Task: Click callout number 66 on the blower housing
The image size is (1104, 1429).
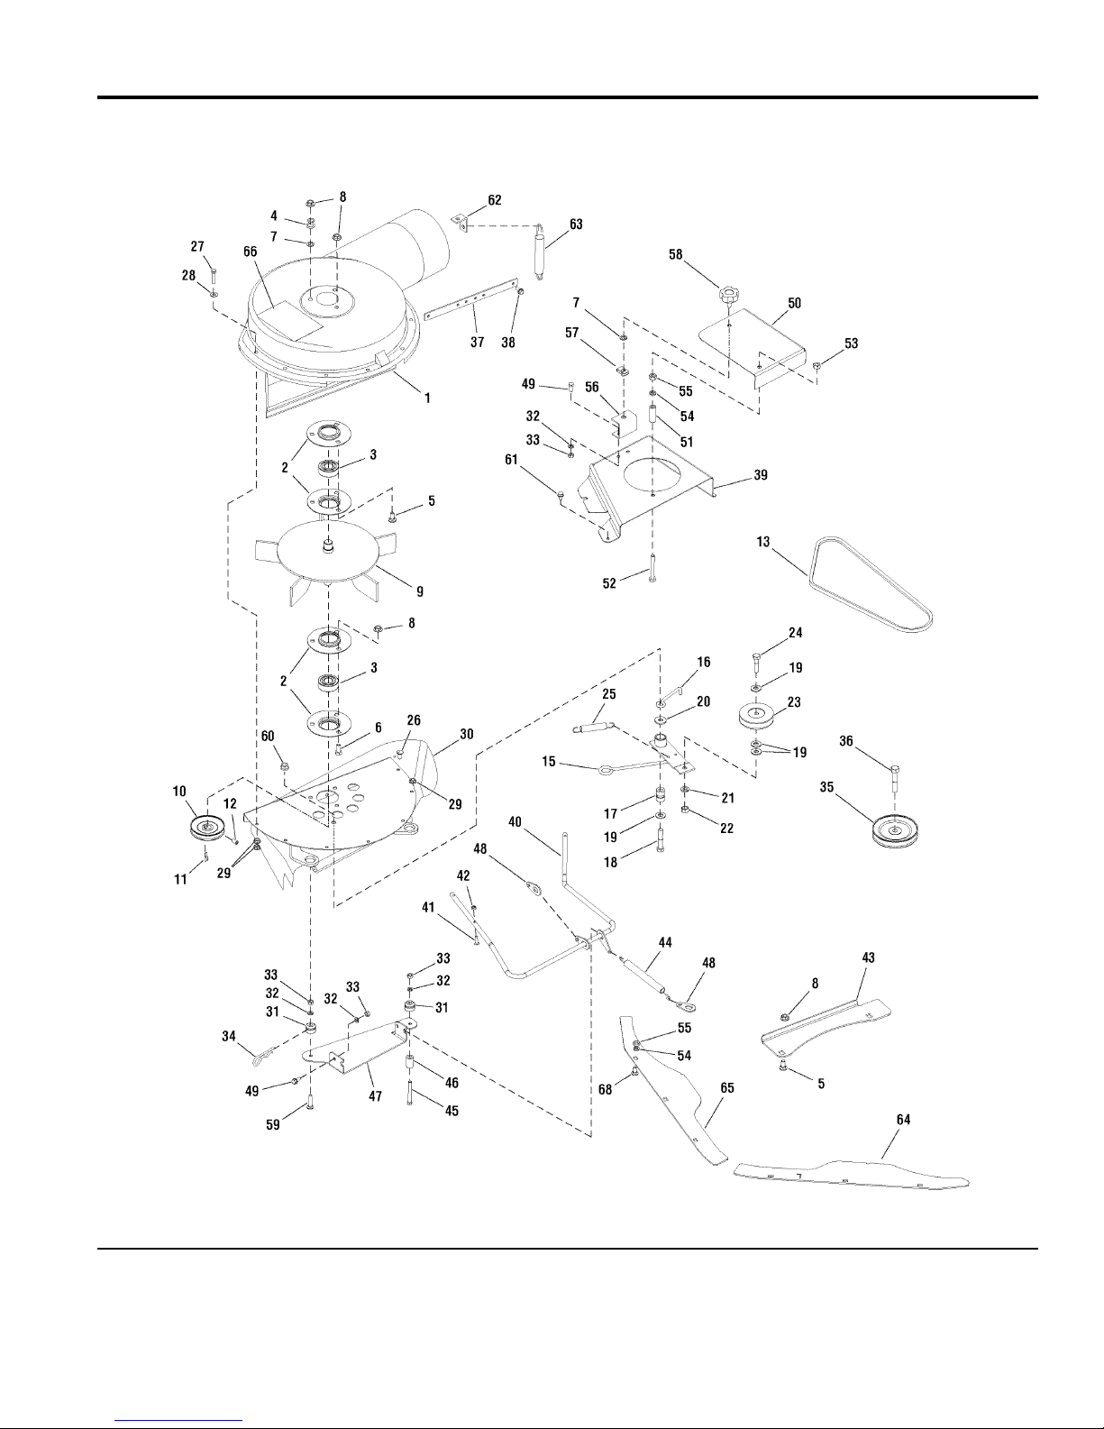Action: click(251, 252)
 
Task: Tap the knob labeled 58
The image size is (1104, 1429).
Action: click(726, 295)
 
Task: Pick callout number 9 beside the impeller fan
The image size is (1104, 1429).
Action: click(420, 591)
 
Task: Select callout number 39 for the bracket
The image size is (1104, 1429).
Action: click(761, 474)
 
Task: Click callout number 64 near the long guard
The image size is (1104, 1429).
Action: click(904, 1119)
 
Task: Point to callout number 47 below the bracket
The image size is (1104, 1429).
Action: click(375, 1095)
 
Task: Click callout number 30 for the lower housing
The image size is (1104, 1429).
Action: click(467, 733)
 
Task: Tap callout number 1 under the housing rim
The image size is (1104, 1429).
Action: click(427, 398)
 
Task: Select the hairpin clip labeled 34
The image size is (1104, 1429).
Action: click(263, 1058)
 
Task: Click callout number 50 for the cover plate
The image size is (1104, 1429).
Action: click(795, 303)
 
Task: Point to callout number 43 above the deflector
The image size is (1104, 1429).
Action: click(868, 957)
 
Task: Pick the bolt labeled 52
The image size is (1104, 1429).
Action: click(652, 568)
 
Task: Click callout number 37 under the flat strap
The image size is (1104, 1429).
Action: click(477, 342)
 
